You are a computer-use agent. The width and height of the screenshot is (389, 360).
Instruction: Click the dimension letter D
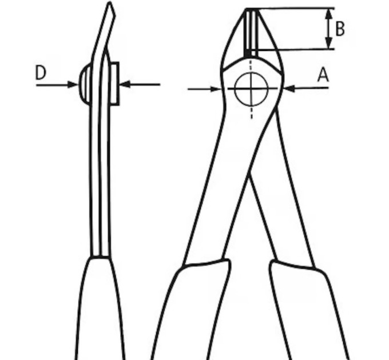(41, 73)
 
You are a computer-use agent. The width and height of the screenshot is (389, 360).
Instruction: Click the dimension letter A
(323, 75)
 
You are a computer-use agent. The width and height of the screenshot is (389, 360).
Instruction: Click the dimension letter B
(340, 29)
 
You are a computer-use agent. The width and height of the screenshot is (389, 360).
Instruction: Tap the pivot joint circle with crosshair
(251, 89)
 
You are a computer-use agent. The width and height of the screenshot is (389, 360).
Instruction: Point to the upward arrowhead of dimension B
(329, 14)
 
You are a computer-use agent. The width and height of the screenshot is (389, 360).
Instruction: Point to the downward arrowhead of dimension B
(329, 43)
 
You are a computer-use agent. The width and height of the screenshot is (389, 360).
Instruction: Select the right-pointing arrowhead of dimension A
(216, 89)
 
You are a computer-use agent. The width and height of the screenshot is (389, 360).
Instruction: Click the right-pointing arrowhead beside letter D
(73, 85)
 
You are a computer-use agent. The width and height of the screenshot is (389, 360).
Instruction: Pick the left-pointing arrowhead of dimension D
(125, 84)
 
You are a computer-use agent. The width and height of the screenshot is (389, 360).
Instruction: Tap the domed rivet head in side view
(85, 85)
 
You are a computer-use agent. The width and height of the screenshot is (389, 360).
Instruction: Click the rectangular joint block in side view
(114, 84)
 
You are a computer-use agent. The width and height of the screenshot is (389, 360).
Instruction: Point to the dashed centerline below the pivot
(252, 112)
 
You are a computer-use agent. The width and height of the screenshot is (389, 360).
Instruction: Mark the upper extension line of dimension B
(290, 9)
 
